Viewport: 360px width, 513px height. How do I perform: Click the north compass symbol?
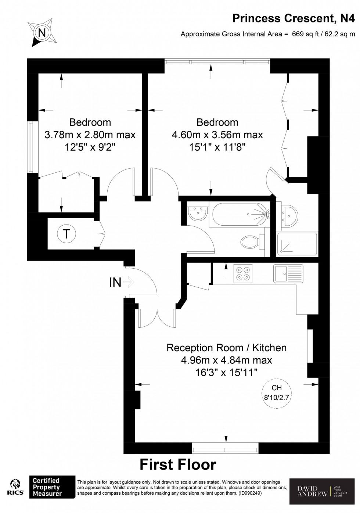click(42, 33)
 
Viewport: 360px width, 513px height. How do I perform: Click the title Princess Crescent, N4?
click(294, 18)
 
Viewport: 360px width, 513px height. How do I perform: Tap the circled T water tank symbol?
click(66, 234)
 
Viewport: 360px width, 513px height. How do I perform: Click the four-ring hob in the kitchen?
click(243, 273)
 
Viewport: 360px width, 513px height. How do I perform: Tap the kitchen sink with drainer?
click(288, 273)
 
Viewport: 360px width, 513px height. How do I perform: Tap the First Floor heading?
click(178, 464)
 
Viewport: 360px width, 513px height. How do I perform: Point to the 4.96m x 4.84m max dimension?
click(226, 360)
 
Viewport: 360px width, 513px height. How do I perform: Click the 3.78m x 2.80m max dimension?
click(90, 135)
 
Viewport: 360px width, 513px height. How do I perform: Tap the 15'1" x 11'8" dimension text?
click(217, 147)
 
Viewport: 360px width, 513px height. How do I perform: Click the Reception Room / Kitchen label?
click(226, 348)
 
